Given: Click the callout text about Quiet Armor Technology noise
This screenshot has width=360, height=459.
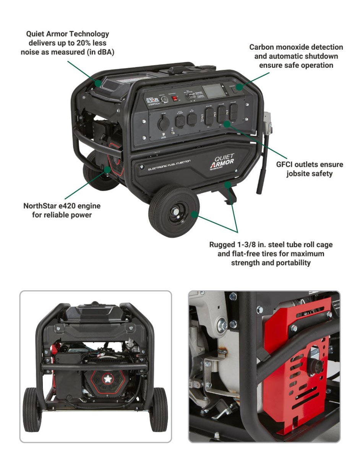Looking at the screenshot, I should (65, 42).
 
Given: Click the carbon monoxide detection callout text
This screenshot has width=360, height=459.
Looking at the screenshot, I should (296, 56).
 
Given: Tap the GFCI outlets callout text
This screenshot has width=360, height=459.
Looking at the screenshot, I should (309, 169).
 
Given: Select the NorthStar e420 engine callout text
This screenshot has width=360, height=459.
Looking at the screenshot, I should (62, 210).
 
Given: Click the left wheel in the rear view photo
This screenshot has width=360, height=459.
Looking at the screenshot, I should (32, 409).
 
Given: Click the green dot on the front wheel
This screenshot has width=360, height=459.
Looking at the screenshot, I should (195, 214).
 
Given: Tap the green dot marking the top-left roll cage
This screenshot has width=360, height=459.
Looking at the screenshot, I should (98, 83).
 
